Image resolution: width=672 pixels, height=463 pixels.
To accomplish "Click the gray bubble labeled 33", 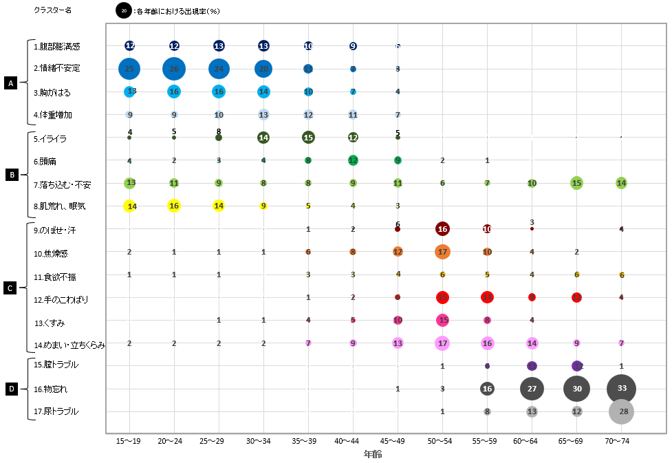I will [x=621, y=389].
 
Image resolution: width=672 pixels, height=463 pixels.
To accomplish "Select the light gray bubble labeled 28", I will [x=621, y=411].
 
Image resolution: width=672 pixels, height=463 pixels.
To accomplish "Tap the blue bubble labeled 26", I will [x=174, y=69].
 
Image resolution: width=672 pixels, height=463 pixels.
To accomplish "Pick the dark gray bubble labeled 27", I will [x=532, y=389].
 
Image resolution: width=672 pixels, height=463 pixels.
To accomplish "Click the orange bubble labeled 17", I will [x=442, y=252].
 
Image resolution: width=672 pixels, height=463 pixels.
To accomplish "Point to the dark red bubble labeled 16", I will [x=442, y=229].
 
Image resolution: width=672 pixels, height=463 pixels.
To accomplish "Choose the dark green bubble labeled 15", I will [x=308, y=137].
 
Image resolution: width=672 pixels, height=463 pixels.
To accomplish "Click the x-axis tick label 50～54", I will [x=442, y=440].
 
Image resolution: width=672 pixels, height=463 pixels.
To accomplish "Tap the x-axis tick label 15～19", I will [x=129, y=440].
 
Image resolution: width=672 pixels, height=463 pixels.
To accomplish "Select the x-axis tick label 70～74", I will [x=621, y=440].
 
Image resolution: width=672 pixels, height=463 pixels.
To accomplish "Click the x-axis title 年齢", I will [x=373, y=454].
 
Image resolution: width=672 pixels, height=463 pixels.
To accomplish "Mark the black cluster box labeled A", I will [x=10, y=83].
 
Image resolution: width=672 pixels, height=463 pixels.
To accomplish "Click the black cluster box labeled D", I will [x=10, y=389].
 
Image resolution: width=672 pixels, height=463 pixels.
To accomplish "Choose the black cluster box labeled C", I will [x=10, y=288].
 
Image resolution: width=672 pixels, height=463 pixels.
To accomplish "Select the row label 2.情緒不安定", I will [x=57, y=69].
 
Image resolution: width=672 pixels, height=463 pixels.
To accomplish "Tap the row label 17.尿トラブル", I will [x=56, y=411].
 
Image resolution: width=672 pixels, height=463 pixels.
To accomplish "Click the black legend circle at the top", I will [x=124, y=10].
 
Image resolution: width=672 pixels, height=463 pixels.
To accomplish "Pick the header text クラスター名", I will [x=52, y=10].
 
